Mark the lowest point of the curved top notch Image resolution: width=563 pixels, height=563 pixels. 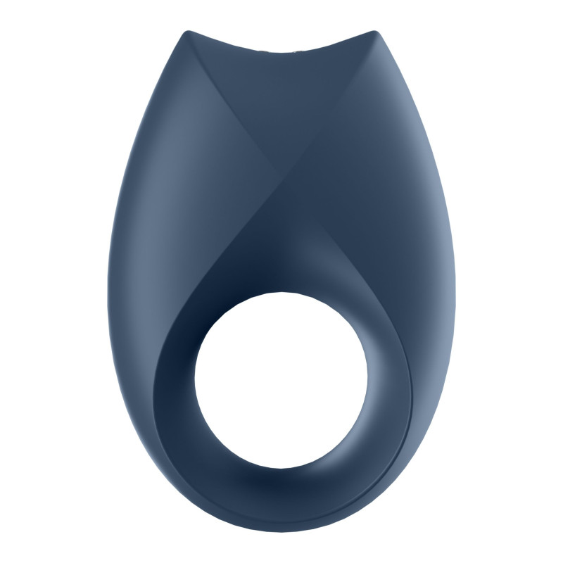point(281,51)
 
